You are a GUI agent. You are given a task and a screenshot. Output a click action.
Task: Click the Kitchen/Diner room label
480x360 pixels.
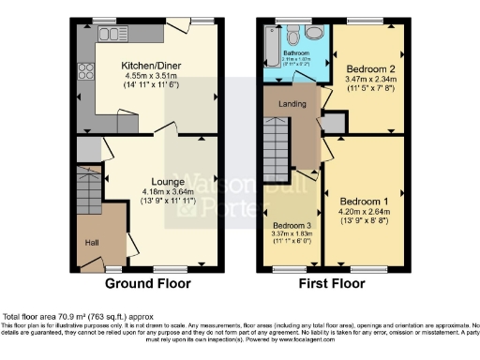click(x=150, y=65)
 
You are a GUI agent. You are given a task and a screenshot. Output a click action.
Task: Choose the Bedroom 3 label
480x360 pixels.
click(x=292, y=226)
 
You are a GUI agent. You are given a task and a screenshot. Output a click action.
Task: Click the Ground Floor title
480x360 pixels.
click(x=147, y=282)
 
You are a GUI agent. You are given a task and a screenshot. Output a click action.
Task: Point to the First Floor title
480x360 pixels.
click(x=332, y=282)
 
